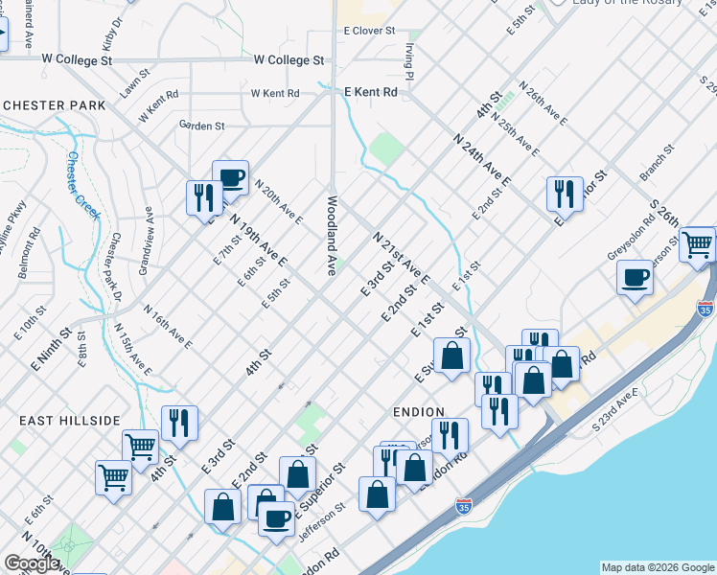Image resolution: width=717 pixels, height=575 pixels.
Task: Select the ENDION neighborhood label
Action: click(x=419, y=412)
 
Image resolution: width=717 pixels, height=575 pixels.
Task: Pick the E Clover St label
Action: click(x=370, y=31)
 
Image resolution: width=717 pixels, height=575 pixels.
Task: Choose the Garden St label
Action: click(x=201, y=126)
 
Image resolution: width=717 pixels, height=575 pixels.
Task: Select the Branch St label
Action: click(x=658, y=163)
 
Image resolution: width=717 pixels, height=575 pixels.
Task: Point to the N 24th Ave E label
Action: click(x=482, y=159)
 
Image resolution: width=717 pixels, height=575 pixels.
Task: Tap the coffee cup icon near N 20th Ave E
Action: click(x=230, y=176)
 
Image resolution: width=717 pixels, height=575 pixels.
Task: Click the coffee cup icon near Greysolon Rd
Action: click(x=635, y=278)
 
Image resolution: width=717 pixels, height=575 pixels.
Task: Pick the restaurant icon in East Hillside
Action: click(x=179, y=421)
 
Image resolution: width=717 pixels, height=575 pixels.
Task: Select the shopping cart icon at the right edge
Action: click(x=699, y=244)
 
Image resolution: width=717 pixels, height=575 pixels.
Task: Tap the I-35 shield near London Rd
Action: click(x=464, y=504)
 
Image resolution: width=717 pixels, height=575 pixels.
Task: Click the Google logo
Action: click(x=32, y=563)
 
